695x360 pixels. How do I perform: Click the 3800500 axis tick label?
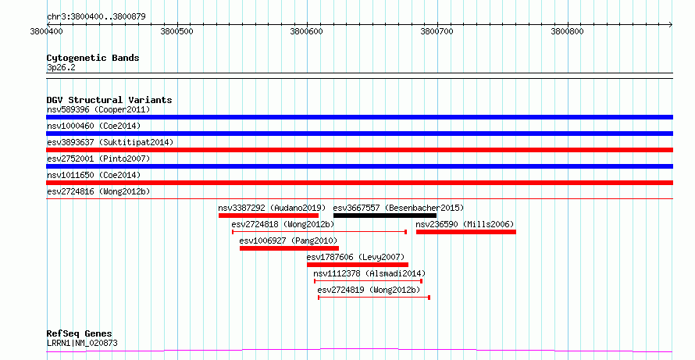point(176,31)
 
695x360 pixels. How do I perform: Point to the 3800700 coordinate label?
point(437,31)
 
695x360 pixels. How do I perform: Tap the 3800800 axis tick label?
point(568,31)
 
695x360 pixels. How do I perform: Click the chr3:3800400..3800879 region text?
point(96,17)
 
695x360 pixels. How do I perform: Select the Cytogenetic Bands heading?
point(93,58)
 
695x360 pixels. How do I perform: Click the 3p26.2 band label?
point(61,68)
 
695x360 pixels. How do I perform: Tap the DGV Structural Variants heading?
point(109,100)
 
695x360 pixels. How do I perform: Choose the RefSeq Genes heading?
point(80,333)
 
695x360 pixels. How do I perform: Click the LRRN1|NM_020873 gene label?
point(82,343)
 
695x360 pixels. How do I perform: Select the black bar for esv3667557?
point(385,216)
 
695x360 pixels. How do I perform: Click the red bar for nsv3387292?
point(269,216)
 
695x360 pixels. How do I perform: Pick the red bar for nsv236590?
point(466,232)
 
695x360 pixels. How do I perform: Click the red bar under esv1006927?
point(290,248)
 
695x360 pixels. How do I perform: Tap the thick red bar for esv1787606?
point(358,265)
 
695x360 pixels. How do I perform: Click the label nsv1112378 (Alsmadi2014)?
point(369,273)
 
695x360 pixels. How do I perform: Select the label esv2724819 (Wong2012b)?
point(369,290)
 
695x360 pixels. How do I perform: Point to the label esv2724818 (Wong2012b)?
point(283,224)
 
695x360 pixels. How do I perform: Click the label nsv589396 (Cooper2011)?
point(98,109)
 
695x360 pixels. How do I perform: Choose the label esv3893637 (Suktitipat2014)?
point(110,142)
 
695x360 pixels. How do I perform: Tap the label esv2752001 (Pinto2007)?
point(98,159)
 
